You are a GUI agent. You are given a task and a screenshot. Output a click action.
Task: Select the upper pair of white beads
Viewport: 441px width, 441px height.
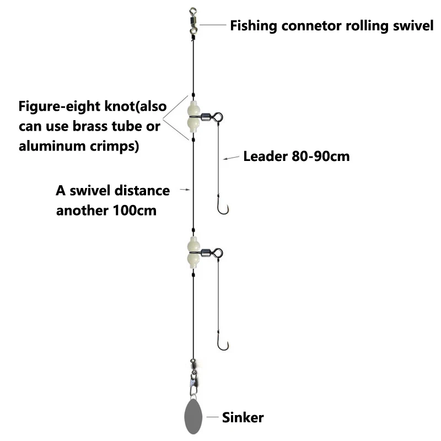(x=193, y=117)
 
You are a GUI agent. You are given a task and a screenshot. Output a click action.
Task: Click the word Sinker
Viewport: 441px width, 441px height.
(x=243, y=417)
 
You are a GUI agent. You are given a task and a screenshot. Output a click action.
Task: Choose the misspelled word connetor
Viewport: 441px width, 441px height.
(x=308, y=25)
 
